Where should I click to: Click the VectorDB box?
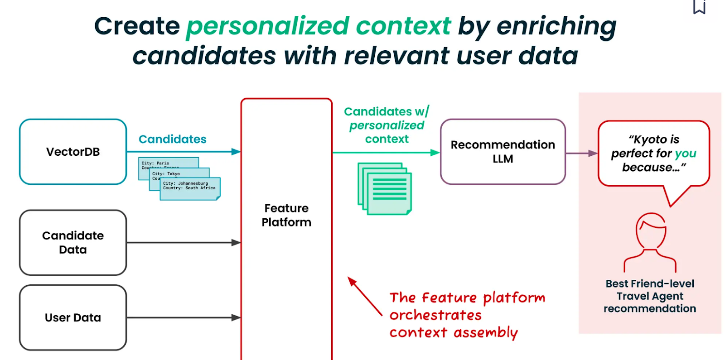(x=72, y=152)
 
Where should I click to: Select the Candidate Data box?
(x=72, y=242)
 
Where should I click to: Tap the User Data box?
(x=72, y=317)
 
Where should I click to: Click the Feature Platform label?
(x=286, y=215)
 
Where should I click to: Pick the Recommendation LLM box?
(x=503, y=152)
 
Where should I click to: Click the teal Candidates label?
(x=172, y=139)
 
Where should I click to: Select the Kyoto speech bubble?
(x=653, y=153)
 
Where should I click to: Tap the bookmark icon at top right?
(x=699, y=6)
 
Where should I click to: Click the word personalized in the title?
(x=267, y=26)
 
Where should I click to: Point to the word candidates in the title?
(x=204, y=56)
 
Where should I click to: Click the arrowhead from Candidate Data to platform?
(x=236, y=243)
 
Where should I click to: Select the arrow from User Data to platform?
(x=181, y=317)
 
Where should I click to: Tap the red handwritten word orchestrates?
(x=435, y=315)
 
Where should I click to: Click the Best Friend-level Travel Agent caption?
(x=650, y=296)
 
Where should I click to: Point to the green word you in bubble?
(x=685, y=154)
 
